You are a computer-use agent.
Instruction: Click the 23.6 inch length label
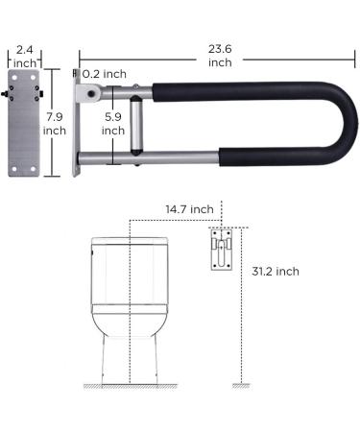pyautogui.click(x=219, y=53)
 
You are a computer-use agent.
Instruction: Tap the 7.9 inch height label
pyautogui.click(x=54, y=122)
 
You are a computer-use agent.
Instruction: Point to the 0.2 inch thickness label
pyautogui.click(x=106, y=73)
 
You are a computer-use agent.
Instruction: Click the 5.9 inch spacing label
pyautogui.click(x=112, y=124)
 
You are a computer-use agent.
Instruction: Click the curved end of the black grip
pyautogui.click(x=322, y=120)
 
